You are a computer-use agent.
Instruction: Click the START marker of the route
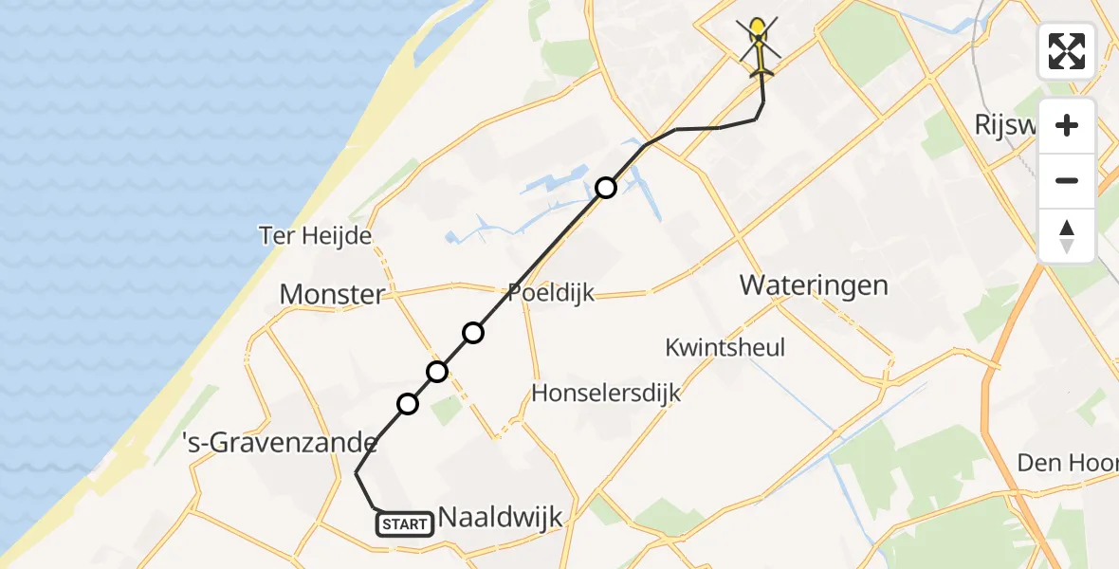click(x=406, y=523)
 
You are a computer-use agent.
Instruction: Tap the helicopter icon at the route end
click(x=760, y=47)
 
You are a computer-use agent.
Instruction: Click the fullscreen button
click(x=1067, y=51)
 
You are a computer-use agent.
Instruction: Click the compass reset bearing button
click(x=1067, y=235)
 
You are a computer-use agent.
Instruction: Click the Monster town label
click(x=332, y=294)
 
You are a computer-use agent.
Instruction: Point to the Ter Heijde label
click(x=315, y=235)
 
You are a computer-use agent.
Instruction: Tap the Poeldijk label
click(x=551, y=292)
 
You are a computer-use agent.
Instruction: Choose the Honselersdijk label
click(x=607, y=392)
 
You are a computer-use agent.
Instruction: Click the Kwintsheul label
click(x=725, y=347)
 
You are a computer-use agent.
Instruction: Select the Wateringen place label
click(x=814, y=284)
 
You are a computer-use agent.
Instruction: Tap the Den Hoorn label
click(x=1067, y=463)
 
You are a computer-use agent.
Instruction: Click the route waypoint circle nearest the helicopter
click(x=606, y=188)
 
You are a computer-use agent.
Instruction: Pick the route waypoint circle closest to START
click(x=408, y=404)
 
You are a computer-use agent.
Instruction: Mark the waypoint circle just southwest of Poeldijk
click(x=473, y=332)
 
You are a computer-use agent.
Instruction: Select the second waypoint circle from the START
click(x=437, y=371)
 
